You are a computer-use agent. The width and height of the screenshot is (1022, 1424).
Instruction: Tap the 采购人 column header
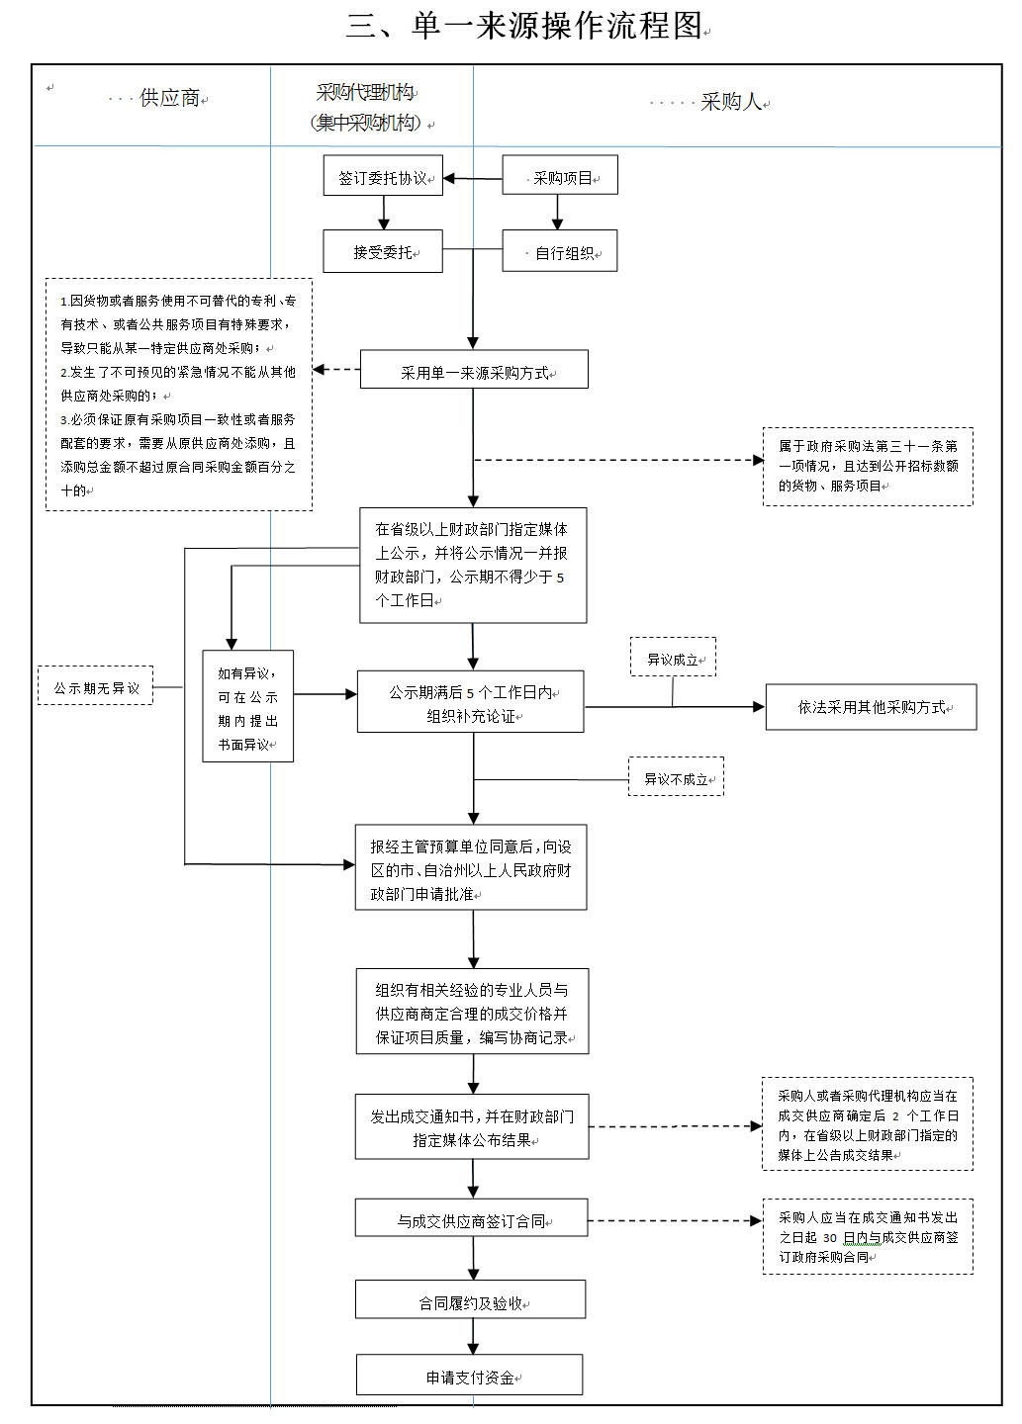[731, 102]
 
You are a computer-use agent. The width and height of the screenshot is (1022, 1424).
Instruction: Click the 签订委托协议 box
[383, 176]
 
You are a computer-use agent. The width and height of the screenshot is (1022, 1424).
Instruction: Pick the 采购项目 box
[560, 176]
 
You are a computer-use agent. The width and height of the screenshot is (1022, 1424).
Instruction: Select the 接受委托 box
[383, 251]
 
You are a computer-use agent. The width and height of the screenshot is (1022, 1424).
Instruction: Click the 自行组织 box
[560, 251]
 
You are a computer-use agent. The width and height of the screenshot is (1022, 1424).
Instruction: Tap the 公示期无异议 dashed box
[96, 686]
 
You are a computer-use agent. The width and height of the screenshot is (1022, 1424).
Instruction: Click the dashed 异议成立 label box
[673, 658]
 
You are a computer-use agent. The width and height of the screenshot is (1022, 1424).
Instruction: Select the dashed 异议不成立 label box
[676, 777]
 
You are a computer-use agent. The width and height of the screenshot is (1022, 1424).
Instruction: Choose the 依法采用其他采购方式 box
[871, 707]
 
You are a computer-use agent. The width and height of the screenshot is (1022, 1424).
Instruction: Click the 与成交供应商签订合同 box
[472, 1219]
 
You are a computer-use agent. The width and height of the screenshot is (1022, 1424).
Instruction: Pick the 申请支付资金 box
[470, 1376]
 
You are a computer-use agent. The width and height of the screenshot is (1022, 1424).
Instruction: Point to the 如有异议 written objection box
[247, 707]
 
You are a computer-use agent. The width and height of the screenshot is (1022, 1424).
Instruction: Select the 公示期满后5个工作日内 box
[471, 703]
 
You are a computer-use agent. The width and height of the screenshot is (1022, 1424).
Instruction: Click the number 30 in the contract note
[829, 1238]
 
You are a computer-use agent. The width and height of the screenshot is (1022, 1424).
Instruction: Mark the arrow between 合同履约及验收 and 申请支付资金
[473, 1337]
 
